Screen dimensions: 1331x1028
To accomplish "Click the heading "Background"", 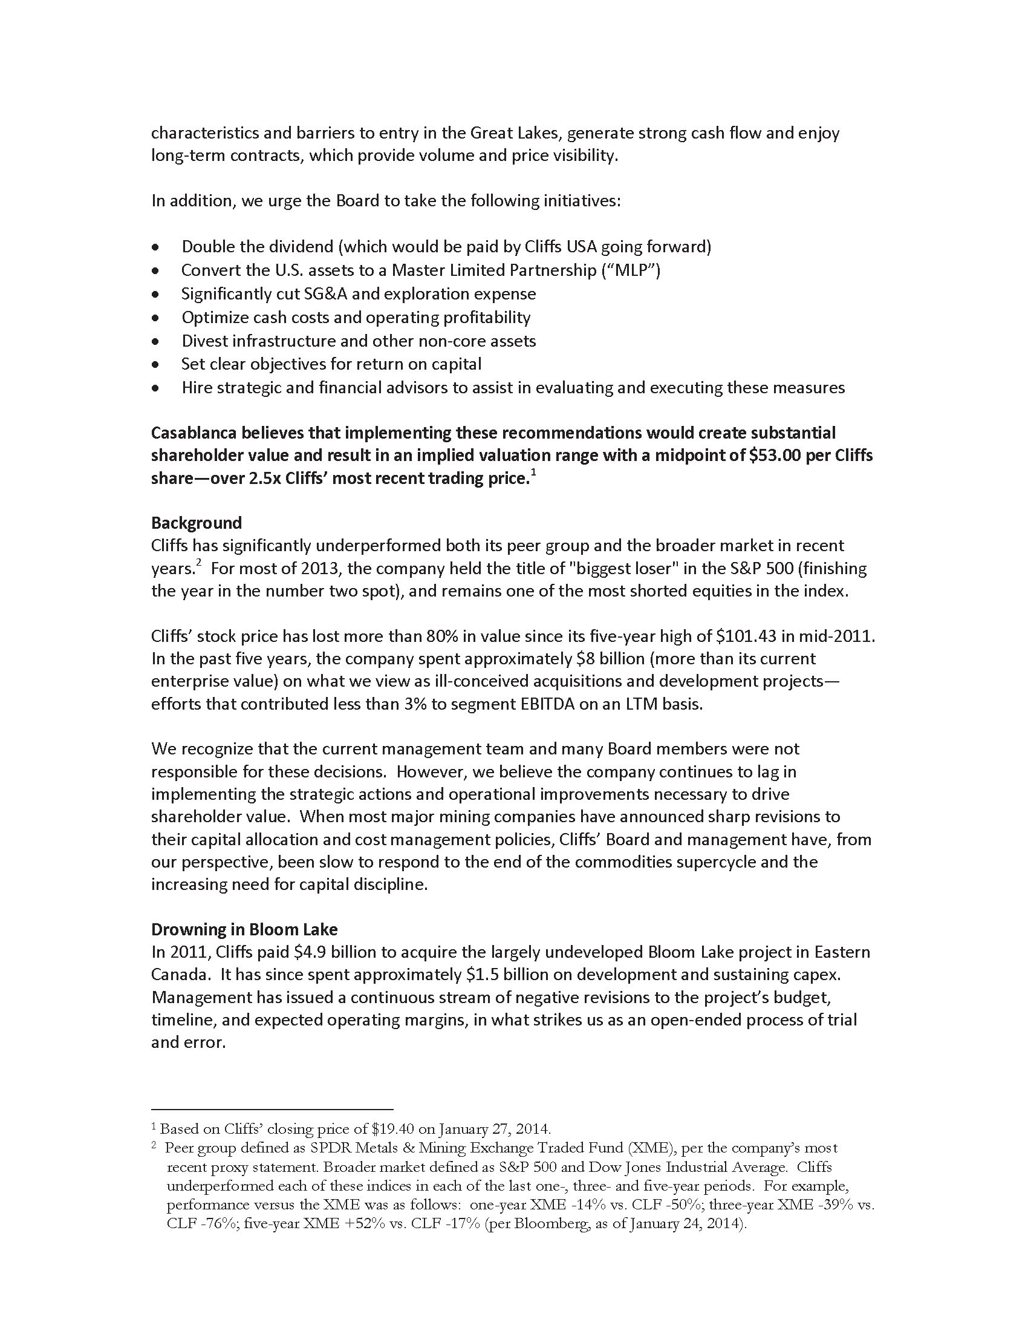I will click(x=196, y=523).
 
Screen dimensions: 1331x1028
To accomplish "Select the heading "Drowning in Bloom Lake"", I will click(x=244, y=929).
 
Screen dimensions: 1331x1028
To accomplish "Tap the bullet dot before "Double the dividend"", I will click(x=157, y=247).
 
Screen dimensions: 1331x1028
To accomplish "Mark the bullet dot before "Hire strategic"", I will click(x=157, y=388).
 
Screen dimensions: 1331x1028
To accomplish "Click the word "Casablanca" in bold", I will click(x=194, y=433).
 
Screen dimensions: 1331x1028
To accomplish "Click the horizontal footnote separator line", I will click(x=272, y=1109).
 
